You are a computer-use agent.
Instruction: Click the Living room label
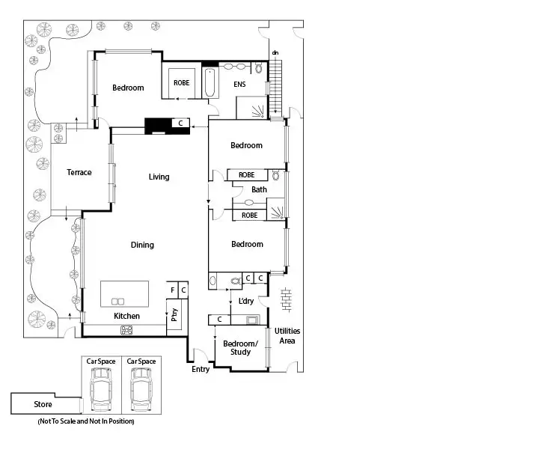tap(159, 177)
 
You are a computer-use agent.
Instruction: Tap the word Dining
tap(142, 245)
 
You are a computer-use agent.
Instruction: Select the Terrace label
tap(79, 172)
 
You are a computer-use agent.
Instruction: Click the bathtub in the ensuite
tap(210, 83)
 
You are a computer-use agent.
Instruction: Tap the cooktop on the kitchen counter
tap(126, 329)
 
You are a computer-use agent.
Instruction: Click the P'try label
tap(174, 315)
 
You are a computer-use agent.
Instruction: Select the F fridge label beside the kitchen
tap(173, 289)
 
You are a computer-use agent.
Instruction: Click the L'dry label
tap(246, 302)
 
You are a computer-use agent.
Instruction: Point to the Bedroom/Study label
tap(240, 347)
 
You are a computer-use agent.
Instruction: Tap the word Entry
tap(201, 369)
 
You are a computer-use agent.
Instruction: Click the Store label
tap(43, 405)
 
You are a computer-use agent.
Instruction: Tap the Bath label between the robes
tap(259, 189)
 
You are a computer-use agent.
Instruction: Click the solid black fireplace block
tap(158, 124)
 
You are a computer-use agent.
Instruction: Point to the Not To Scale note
tap(85, 422)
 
